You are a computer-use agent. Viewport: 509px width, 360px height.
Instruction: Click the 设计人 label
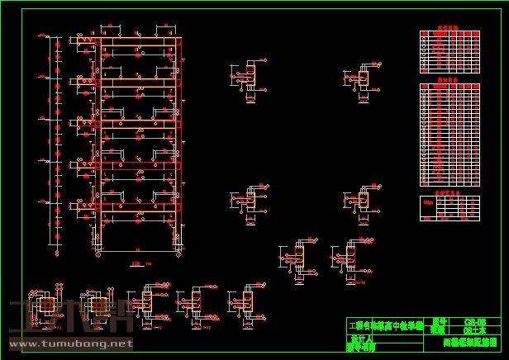pyautogui.click(x=360, y=339)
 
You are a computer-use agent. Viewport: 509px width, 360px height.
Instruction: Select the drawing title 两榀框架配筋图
pyautogui.click(x=470, y=340)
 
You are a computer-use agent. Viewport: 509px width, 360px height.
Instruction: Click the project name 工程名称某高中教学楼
pyautogui.click(x=386, y=326)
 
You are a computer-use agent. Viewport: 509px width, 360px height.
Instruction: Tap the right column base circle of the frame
pyautogui.click(x=178, y=253)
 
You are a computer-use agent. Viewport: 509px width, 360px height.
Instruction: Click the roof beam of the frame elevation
pyautogui.click(x=139, y=40)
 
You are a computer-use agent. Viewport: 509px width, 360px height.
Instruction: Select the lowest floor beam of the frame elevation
pyautogui.click(x=139, y=206)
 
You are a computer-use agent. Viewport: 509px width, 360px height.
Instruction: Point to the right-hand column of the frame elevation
pyautogui.click(x=178, y=144)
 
